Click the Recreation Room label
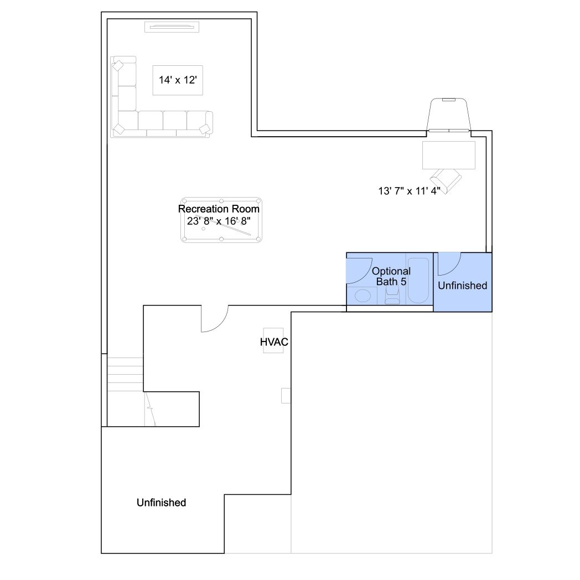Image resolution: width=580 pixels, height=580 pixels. pos(219,209)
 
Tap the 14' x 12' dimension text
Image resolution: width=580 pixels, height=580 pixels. pos(178,80)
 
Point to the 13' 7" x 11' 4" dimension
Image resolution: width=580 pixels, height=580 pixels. pos(409,191)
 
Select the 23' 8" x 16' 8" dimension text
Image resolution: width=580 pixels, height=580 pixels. pos(219,221)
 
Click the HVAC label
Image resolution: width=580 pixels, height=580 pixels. pos(274,342)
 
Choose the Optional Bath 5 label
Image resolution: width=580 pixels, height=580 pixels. pos(391,276)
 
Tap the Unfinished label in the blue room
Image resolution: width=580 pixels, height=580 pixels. pos(462,286)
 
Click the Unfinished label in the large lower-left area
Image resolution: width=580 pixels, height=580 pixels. pos(161,503)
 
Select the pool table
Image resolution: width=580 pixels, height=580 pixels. pos(221,220)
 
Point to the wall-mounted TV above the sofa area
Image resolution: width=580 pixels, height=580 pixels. pos(172,27)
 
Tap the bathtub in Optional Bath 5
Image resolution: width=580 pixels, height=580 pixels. pos(418,280)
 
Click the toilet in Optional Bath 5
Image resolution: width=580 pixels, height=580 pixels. pos(392,296)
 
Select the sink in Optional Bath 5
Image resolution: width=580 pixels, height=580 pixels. pos(362,296)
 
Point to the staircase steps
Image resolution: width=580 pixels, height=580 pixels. pos(125,374)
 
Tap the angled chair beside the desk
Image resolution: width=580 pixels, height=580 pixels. pos(447,180)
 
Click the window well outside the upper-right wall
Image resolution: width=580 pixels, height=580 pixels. pos(448,114)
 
